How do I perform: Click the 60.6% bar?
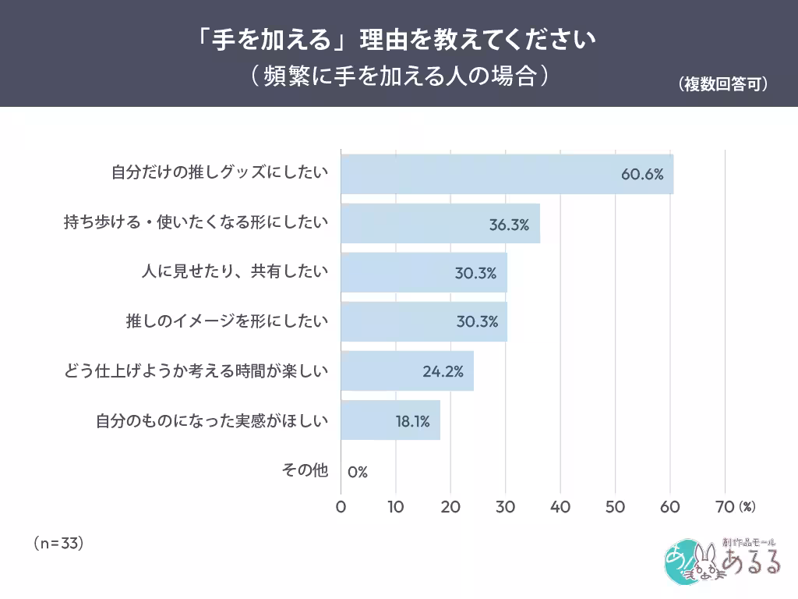point(507,174)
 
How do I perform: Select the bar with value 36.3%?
point(440,224)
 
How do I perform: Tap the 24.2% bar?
point(407,370)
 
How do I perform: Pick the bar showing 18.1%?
point(390,420)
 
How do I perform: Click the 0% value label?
point(358,471)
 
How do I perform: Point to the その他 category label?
point(305,470)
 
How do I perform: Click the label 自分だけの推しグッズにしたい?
point(220,173)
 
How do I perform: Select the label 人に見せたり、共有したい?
point(235,272)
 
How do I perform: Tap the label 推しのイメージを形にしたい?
point(227,321)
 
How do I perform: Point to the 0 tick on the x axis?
point(341,506)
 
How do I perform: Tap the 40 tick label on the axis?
point(560,506)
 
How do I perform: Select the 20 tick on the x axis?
point(450,506)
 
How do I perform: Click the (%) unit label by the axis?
point(747,506)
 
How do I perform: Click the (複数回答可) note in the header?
point(722,83)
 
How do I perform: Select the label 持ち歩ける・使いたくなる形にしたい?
point(196,223)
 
